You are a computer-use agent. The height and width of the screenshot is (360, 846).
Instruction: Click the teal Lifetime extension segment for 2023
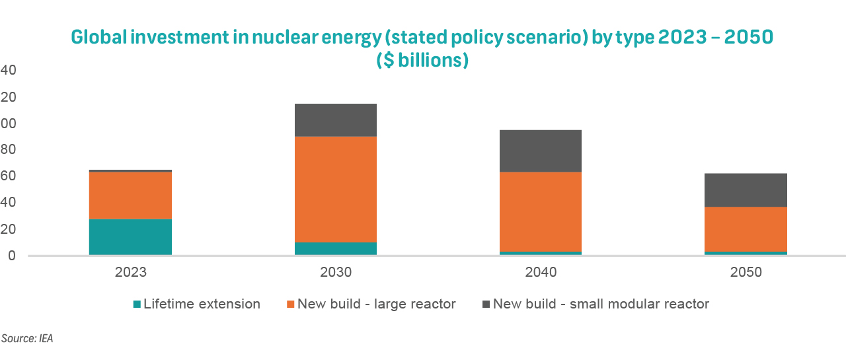tap(130, 236)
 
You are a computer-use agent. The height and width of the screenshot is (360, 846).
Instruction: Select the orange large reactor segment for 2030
tap(336, 190)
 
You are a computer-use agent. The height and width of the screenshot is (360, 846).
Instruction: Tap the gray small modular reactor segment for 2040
tap(541, 151)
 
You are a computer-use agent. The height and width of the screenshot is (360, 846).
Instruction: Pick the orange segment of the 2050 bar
tap(746, 229)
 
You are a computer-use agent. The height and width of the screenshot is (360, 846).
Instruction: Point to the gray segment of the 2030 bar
tap(336, 120)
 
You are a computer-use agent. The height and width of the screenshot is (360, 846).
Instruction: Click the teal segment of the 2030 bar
tap(336, 248)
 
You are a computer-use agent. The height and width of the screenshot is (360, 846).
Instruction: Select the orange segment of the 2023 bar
tap(130, 195)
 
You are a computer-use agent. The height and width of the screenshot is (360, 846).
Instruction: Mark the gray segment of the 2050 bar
tap(746, 190)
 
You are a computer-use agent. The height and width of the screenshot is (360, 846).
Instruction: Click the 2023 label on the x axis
tap(130, 272)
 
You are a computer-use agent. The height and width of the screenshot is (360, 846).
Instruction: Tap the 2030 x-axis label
tap(336, 272)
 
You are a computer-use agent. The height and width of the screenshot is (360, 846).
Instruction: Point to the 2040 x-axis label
tap(541, 272)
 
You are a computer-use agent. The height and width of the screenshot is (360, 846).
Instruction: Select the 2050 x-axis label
tap(746, 272)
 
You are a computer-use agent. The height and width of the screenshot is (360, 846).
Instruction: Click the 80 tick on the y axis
tap(9, 150)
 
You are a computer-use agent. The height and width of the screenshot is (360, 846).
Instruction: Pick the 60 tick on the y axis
tap(9, 176)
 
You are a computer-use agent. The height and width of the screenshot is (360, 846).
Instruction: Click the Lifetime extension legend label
tap(202, 305)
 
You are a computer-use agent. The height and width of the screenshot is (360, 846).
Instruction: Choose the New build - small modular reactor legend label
tap(601, 305)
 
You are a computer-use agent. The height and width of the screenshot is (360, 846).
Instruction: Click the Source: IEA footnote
tap(27, 339)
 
